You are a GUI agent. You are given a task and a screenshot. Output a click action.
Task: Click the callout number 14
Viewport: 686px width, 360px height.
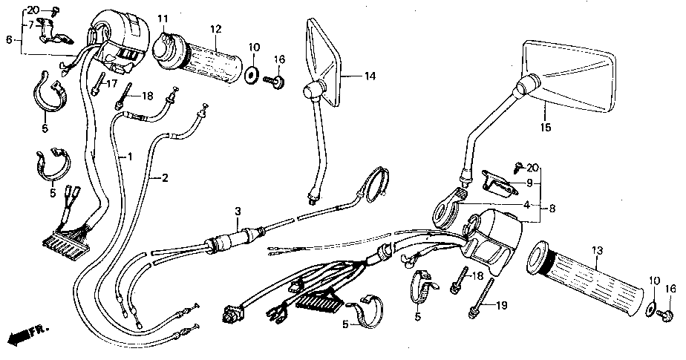click(x=370, y=76)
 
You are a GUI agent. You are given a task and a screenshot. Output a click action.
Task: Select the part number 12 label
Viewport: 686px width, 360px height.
click(x=216, y=29)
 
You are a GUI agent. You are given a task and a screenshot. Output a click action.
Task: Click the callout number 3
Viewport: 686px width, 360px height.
click(x=237, y=212)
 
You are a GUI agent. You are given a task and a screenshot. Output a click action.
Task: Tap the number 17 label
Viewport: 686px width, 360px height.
click(x=112, y=83)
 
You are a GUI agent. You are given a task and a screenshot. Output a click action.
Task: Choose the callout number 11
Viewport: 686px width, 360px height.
click(x=163, y=18)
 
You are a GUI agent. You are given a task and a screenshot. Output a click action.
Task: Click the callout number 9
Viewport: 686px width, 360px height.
click(x=529, y=183)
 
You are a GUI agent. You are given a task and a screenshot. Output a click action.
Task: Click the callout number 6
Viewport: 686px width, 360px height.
click(x=9, y=39)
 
